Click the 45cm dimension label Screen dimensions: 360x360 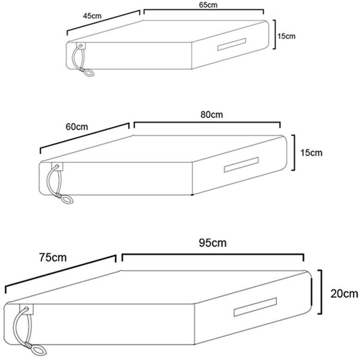click(92, 16)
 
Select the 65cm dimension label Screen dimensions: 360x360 click(208, 5)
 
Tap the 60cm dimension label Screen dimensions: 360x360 click(77, 127)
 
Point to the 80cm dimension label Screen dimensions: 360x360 click(211, 115)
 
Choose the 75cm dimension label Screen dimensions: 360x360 click(53, 257)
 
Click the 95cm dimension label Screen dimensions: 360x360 click(213, 243)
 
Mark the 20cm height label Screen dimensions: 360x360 click(344, 293)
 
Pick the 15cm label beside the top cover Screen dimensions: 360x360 click(286, 36)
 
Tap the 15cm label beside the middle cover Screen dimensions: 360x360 click(311, 153)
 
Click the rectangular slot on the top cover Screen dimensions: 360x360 click(231, 44)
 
